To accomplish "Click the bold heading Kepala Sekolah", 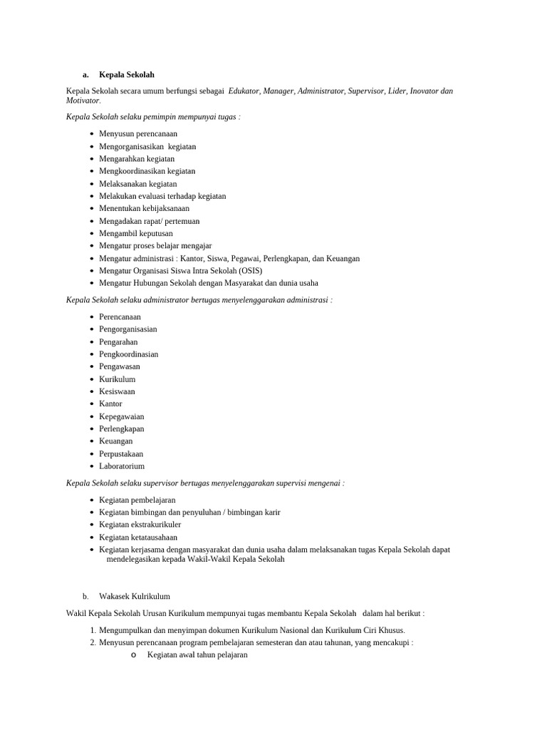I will (126, 75).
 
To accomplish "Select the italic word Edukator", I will (244, 91).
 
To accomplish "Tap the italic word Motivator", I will (83, 101).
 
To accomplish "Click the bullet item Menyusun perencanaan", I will (138, 134).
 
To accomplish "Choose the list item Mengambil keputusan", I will (135, 234).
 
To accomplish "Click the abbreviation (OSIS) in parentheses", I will (249, 271).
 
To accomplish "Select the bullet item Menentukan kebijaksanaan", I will (144, 209).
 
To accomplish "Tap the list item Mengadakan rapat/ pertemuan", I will (149, 221).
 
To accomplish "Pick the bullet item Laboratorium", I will (122, 466).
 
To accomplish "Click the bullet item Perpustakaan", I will (121, 454).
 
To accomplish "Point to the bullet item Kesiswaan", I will (117, 391).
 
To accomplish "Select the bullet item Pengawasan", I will (120, 366).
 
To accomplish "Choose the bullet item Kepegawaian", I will (121, 416).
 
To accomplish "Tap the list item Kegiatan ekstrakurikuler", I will (140, 525).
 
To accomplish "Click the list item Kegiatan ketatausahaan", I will (138, 538).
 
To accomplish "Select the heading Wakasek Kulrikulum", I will (135, 597).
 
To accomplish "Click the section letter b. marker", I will (85, 597).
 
